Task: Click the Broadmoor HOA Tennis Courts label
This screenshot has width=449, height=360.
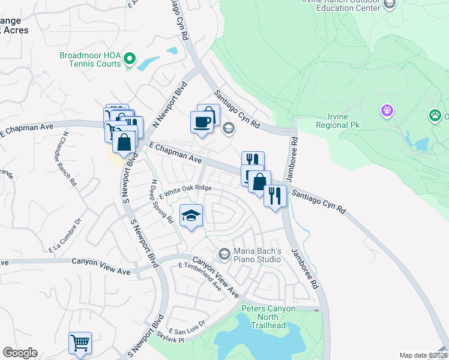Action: click(90, 59)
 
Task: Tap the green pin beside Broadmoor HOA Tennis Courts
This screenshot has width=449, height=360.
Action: click(130, 59)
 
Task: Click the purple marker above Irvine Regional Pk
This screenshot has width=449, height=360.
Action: click(387, 111)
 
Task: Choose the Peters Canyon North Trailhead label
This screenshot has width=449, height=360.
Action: click(262, 317)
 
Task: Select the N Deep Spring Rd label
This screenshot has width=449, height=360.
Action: click(162, 202)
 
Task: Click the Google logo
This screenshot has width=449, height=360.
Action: click(20, 353)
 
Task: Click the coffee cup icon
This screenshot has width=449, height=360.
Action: click(202, 122)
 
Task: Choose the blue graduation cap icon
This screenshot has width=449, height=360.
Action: click(191, 215)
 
